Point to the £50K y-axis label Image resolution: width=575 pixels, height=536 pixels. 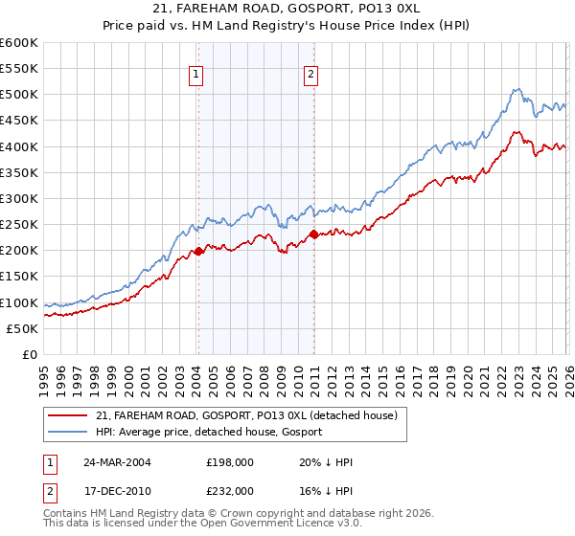click(x=22, y=328)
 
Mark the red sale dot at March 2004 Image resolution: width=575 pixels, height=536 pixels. click(x=198, y=251)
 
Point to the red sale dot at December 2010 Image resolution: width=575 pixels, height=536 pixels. click(x=313, y=234)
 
